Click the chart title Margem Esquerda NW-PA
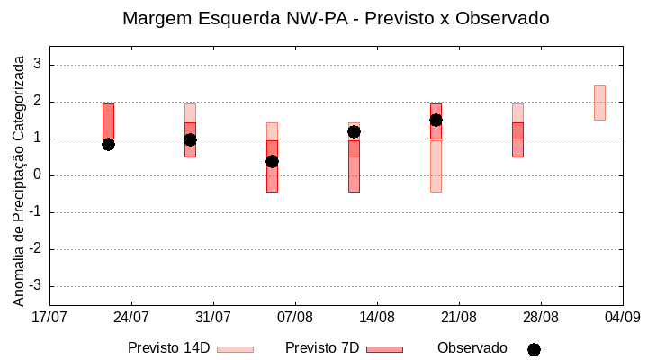click(x=335, y=18)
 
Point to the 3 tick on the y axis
click(x=38, y=65)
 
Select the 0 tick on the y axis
click(x=38, y=175)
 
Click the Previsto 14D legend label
click(x=168, y=348)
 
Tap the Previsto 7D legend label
click(x=322, y=348)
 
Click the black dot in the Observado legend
click(x=534, y=349)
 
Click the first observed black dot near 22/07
click(x=108, y=144)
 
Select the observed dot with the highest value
click(x=436, y=120)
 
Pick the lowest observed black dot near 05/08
click(x=272, y=161)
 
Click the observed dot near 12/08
click(x=354, y=131)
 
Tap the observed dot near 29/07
click(x=190, y=139)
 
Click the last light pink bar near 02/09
click(x=599, y=103)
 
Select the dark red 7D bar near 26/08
click(x=517, y=139)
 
